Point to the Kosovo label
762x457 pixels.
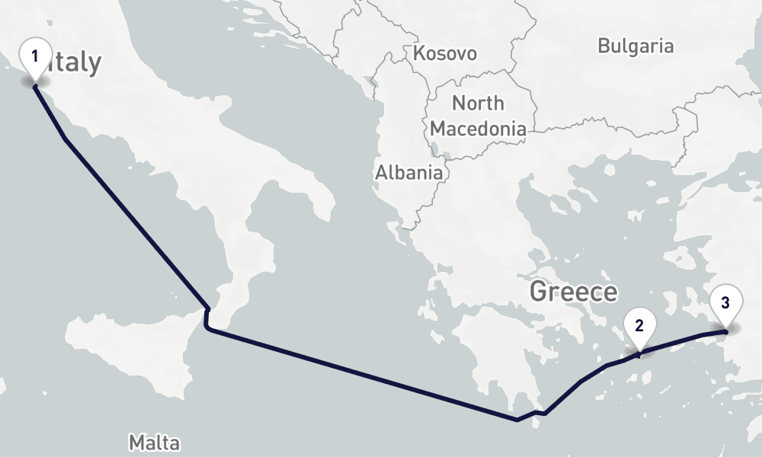[x=444, y=53]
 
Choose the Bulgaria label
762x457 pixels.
[x=636, y=46]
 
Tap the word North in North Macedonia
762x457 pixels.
[x=478, y=103]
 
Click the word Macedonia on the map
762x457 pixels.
[x=478, y=129]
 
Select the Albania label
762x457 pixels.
[x=408, y=173]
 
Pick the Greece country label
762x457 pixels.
[x=573, y=292]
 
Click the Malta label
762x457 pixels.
[x=154, y=443]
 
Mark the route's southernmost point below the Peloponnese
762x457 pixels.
[x=517, y=419]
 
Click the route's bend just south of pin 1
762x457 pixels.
[x=66, y=139]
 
